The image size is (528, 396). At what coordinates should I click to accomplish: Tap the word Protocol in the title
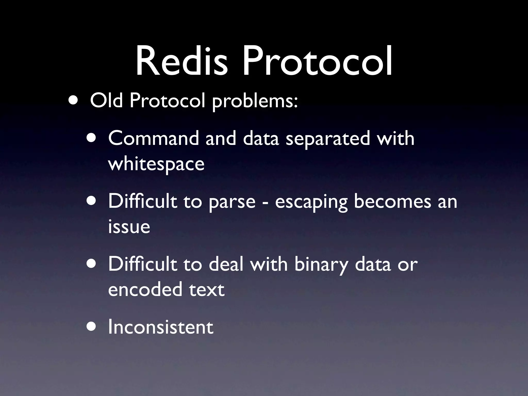coord(317,62)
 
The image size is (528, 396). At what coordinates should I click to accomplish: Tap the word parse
coord(232,202)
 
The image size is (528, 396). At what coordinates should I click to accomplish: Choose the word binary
coord(321,265)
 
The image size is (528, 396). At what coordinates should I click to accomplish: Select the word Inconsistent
coord(161,327)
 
